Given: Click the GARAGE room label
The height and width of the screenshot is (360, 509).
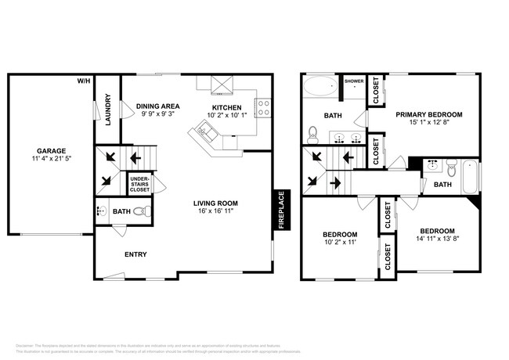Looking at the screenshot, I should point(50,150).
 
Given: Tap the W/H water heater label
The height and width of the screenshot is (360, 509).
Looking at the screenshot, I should point(83,81).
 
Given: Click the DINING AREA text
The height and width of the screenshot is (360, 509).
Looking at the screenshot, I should point(158,106).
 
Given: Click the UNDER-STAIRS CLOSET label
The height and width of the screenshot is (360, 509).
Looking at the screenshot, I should point(139,185).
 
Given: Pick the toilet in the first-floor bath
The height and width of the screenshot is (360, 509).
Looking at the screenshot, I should point(139,211).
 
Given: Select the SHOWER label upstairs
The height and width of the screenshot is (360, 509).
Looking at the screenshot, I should point(355,79).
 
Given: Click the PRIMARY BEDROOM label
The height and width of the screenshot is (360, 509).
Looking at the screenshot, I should point(428,114).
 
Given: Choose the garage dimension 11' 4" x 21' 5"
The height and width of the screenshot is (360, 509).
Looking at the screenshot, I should point(50,160).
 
